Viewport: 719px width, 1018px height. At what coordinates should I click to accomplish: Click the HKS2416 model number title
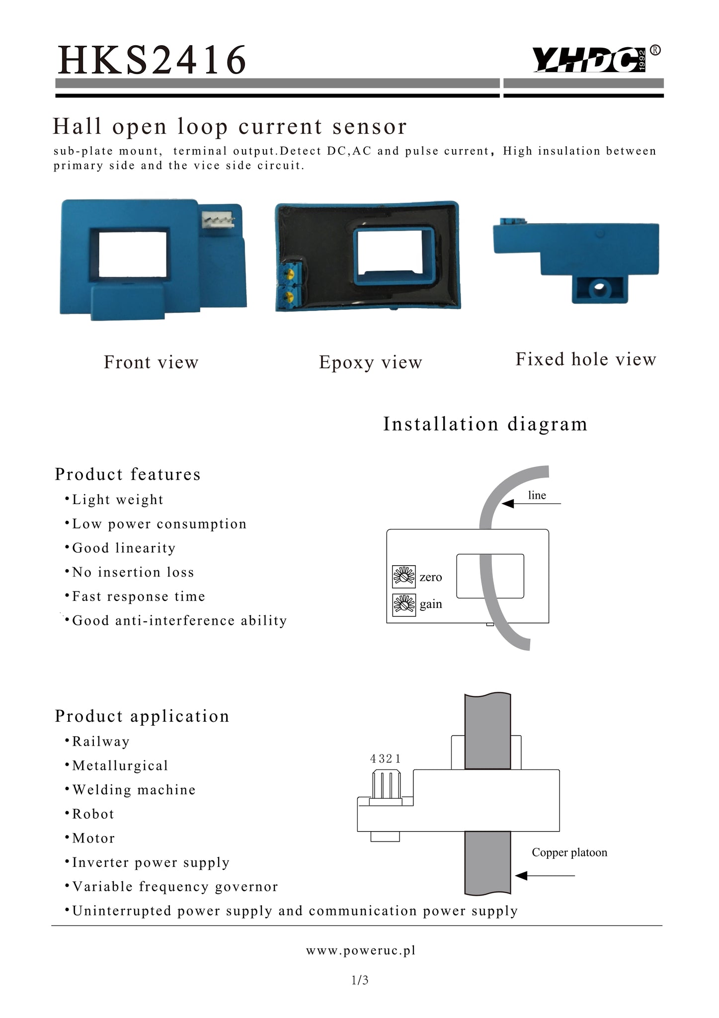coord(152,60)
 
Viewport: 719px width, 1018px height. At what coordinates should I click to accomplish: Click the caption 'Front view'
coord(151,362)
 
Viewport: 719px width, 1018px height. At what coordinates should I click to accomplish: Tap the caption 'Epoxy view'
coord(370,362)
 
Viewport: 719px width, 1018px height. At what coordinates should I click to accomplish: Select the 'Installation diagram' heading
coord(485,424)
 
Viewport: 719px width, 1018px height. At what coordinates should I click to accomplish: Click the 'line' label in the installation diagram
coord(537,495)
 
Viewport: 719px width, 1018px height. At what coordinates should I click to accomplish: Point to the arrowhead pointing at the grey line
coord(507,504)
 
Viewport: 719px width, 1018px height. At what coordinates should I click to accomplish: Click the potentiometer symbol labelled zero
coord(404,577)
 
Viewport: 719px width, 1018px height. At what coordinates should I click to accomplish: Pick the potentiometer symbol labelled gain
coord(404,605)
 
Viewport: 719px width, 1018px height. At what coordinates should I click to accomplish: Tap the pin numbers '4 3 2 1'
coord(385,759)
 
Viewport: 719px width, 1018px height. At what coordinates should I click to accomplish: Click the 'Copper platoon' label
coord(569,852)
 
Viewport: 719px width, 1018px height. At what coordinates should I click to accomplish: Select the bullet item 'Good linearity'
coord(124,548)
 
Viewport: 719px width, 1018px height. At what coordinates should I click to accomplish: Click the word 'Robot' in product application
coord(93,814)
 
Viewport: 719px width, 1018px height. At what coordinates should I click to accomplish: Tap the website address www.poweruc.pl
coord(360,950)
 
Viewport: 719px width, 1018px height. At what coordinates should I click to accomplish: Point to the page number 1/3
coord(360,980)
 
